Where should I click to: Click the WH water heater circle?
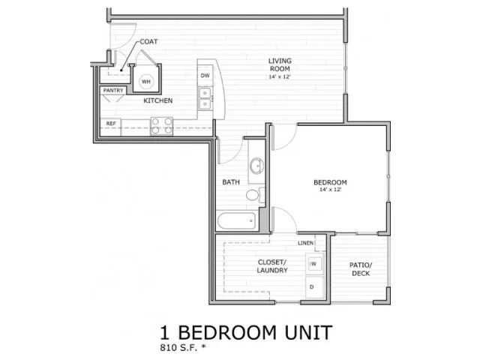(146, 82)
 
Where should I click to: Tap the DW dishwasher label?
(205, 75)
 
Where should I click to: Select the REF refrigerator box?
(110, 127)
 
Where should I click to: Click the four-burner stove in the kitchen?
(162, 126)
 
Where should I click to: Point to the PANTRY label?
(113, 90)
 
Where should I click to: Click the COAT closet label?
(148, 42)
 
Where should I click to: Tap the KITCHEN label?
(158, 100)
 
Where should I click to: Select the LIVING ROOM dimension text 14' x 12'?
(280, 76)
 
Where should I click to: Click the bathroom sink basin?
(256, 166)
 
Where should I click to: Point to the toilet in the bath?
(255, 195)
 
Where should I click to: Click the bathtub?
(236, 220)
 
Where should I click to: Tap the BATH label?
(231, 182)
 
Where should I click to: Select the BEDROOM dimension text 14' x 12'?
(330, 190)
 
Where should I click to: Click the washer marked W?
(314, 263)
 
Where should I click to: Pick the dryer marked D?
(314, 287)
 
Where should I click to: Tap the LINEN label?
(305, 243)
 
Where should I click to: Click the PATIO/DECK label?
(361, 269)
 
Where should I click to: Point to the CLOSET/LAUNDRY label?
(272, 266)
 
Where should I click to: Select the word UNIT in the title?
(308, 332)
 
